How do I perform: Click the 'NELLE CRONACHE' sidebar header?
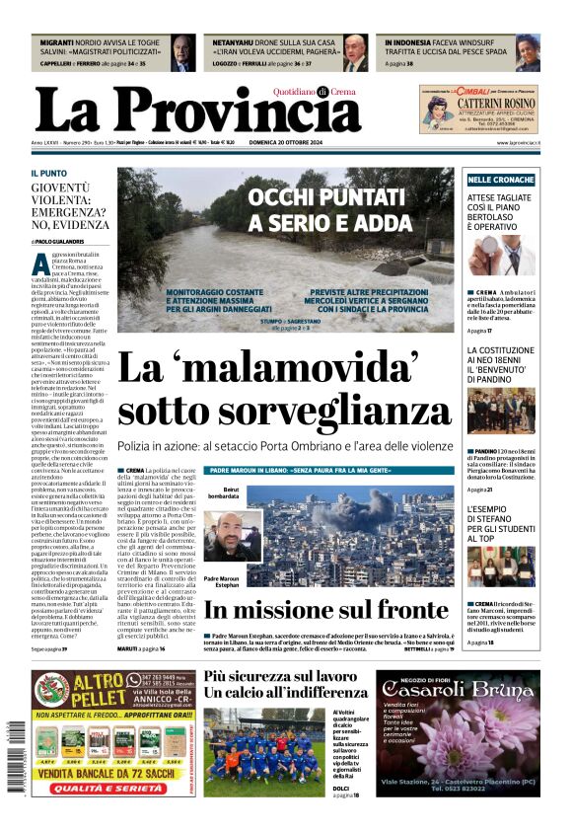(501, 180)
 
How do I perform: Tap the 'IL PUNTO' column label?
(49, 174)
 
